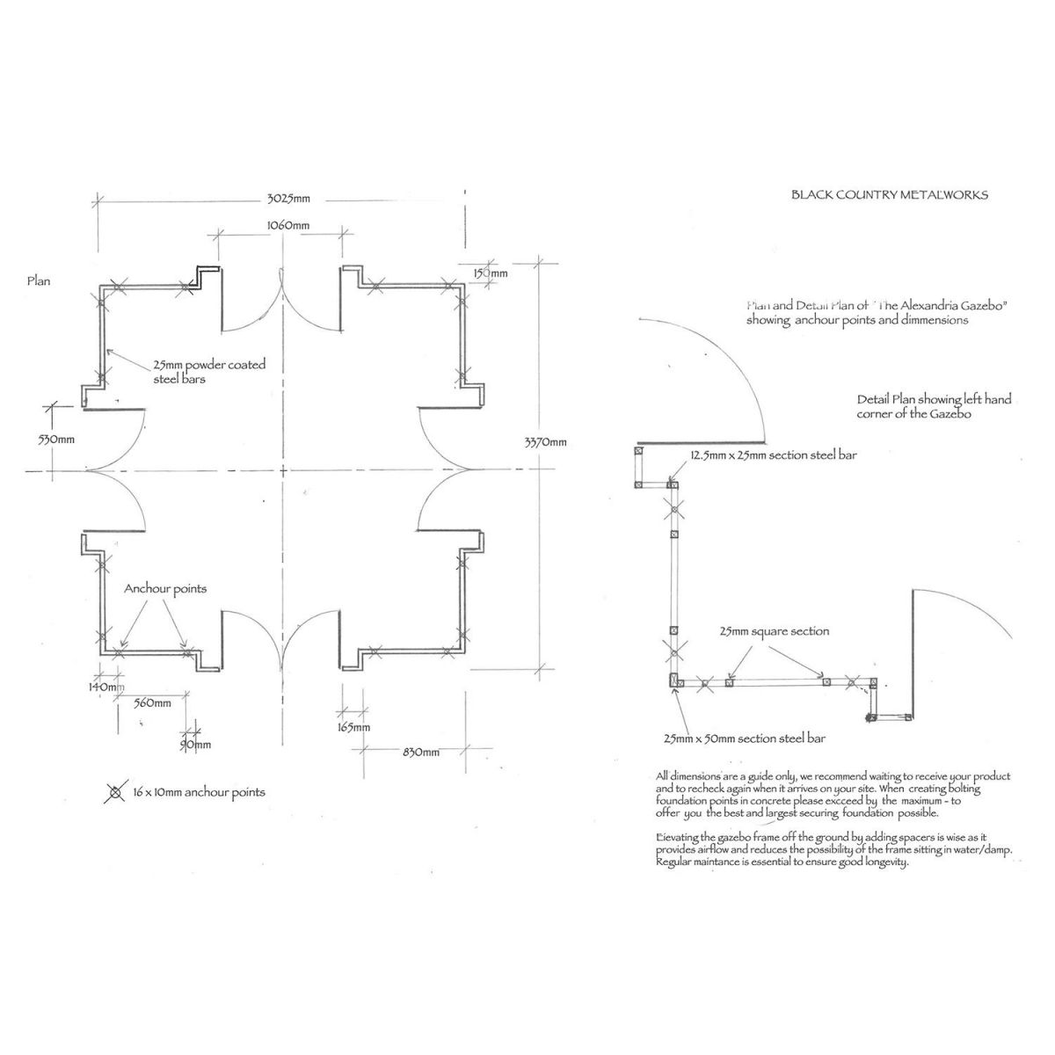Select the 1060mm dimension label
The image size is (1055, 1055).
click(287, 226)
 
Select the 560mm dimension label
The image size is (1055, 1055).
click(153, 702)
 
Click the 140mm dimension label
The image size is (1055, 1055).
click(106, 686)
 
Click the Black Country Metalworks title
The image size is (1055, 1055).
click(890, 194)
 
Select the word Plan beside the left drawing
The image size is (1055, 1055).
click(39, 281)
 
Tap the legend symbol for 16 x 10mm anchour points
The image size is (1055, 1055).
click(114, 792)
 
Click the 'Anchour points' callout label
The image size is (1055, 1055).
click(165, 588)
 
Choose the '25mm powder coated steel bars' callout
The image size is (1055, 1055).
click(209, 372)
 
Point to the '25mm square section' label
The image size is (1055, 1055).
click(774, 631)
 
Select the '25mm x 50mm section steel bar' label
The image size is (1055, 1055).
click(744, 738)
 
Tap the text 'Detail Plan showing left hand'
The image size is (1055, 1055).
click(934, 399)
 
